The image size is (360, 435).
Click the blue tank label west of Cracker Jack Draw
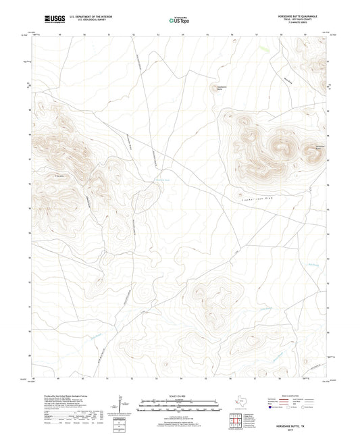click(x=163, y=180)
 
